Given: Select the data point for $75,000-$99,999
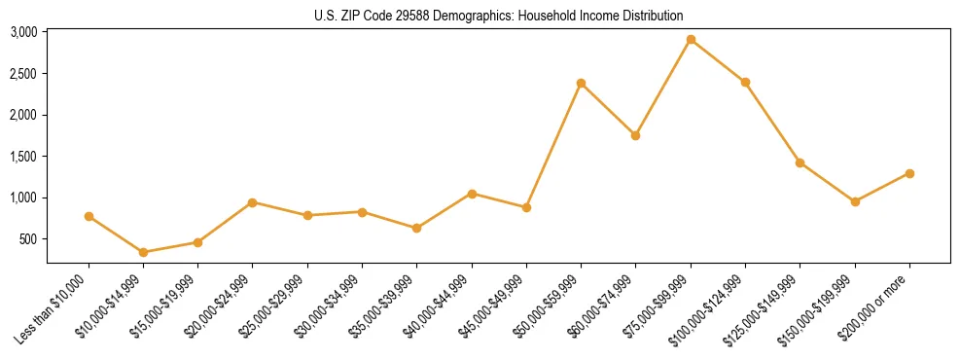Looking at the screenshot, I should [691, 40].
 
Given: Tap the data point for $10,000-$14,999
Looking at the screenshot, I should [144, 252].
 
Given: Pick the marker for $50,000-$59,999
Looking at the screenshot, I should [581, 83].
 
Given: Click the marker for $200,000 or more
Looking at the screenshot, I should [909, 173].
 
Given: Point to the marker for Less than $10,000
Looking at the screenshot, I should [89, 216].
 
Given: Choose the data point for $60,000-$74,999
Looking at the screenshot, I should [635, 135].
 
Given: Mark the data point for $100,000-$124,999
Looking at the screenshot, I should [745, 82].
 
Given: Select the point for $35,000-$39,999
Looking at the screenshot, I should [416, 228].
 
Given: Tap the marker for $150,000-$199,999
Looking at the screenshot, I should [855, 201].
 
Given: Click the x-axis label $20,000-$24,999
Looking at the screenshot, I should [218, 306].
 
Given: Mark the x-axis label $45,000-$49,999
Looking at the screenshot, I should [491, 306].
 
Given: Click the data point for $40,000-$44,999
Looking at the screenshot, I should [472, 194].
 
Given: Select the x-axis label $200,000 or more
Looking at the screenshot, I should [873, 307].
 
